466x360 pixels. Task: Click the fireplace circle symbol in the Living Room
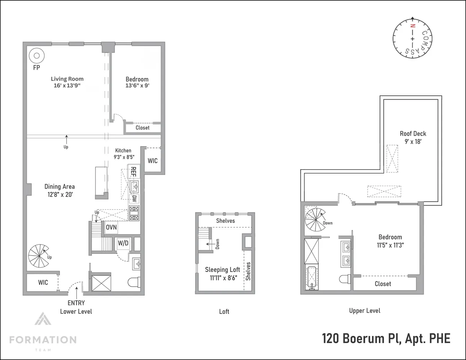point(36,56)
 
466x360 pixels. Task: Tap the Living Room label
point(67,79)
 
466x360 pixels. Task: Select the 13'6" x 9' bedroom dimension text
point(137,86)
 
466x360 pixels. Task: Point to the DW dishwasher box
point(134,199)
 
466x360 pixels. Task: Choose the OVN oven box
point(111,228)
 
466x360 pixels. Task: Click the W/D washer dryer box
point(123,243)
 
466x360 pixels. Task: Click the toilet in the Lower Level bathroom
point(134,282)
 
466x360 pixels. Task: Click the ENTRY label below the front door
point(76,303)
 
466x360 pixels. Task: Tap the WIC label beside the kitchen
point(153,161)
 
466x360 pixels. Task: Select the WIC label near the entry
point(43,282)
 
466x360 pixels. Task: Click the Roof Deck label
point(413,134)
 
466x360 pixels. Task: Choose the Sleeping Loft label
point(222,270)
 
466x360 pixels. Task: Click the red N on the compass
point(413,26)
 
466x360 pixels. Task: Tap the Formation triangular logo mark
point(42,320)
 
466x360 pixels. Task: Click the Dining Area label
point(59,186)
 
